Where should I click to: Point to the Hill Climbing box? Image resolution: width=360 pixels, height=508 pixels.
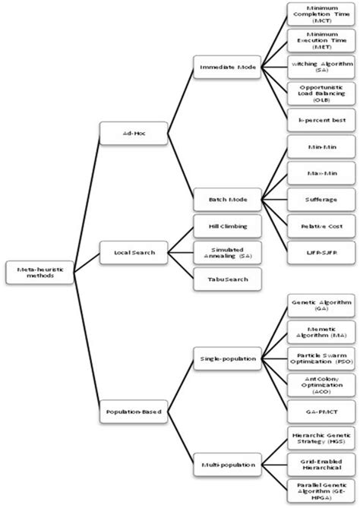pos(227,226)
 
